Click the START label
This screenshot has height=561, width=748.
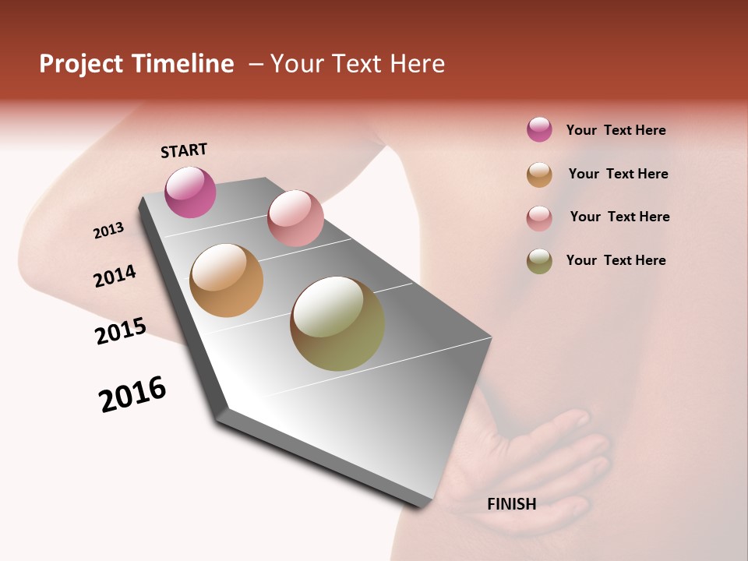tap(184, 150)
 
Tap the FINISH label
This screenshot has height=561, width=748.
tap(511, 504)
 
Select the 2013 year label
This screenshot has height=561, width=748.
tap(108, 231)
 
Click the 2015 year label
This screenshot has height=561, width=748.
tap(120, 331)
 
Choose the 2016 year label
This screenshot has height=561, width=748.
tap(132, 394)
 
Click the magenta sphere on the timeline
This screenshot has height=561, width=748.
tap(190, 192)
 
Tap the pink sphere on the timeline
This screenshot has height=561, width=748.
tap(295, 218)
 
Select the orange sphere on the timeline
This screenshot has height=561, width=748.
tap(226, 280)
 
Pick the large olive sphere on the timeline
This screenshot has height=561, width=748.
tap(337, 323)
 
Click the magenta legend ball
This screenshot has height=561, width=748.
tap(539, 130)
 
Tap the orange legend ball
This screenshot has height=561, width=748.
tap(539, 175)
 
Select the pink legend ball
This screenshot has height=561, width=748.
tap(539, 218)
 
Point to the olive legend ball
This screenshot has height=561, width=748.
tap(539, 261)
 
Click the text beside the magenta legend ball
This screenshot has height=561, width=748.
tap(616, 131)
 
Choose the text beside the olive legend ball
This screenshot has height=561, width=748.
tap(616, 260)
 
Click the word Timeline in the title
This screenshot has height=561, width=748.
tap(182, 64)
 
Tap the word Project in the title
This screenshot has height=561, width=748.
tap(81, 64)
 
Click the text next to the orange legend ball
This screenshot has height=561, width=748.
tap(618, 174)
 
